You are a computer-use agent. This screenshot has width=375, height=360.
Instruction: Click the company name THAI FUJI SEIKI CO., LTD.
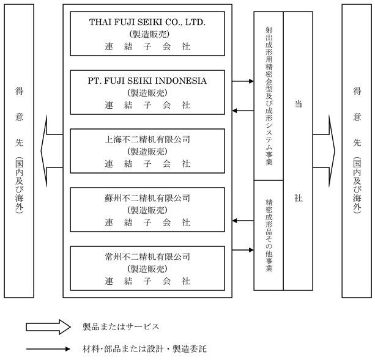click(x=147, y=23)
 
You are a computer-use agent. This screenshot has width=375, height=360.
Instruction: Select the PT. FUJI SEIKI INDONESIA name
click(x=147, y=81)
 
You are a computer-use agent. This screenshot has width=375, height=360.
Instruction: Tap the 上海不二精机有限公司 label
click(x=147, y=139)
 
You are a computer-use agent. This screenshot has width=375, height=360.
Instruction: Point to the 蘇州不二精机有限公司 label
click(x=147, y=198)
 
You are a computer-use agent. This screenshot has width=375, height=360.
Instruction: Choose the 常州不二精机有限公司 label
click(x=147, y=257)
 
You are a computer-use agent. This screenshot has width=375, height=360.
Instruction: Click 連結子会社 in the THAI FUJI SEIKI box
click(x=147, y=46)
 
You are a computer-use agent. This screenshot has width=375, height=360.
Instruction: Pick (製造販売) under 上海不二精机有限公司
click(x=147, y=152)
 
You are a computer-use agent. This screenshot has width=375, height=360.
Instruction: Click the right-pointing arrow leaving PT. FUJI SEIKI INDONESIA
click(x=243, y=81)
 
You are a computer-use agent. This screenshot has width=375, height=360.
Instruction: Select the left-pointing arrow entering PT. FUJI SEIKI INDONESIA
click(x=243, y=111)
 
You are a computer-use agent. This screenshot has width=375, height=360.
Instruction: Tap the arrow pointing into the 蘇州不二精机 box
click(x=243, y=220)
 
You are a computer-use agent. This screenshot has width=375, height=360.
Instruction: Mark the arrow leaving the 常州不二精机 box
click(x=243, y=249)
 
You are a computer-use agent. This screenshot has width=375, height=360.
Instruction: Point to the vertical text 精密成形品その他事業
click(x=269, y=235)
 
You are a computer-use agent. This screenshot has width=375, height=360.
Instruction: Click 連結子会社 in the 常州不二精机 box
click(x=147, y=281)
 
